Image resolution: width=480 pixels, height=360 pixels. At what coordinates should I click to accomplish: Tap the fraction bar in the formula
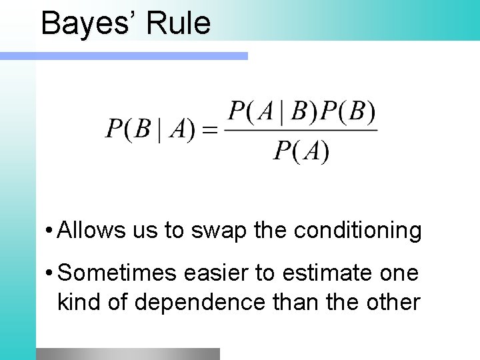coord(301,131)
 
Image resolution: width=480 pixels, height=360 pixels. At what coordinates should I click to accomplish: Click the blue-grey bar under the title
coord(141,57)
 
